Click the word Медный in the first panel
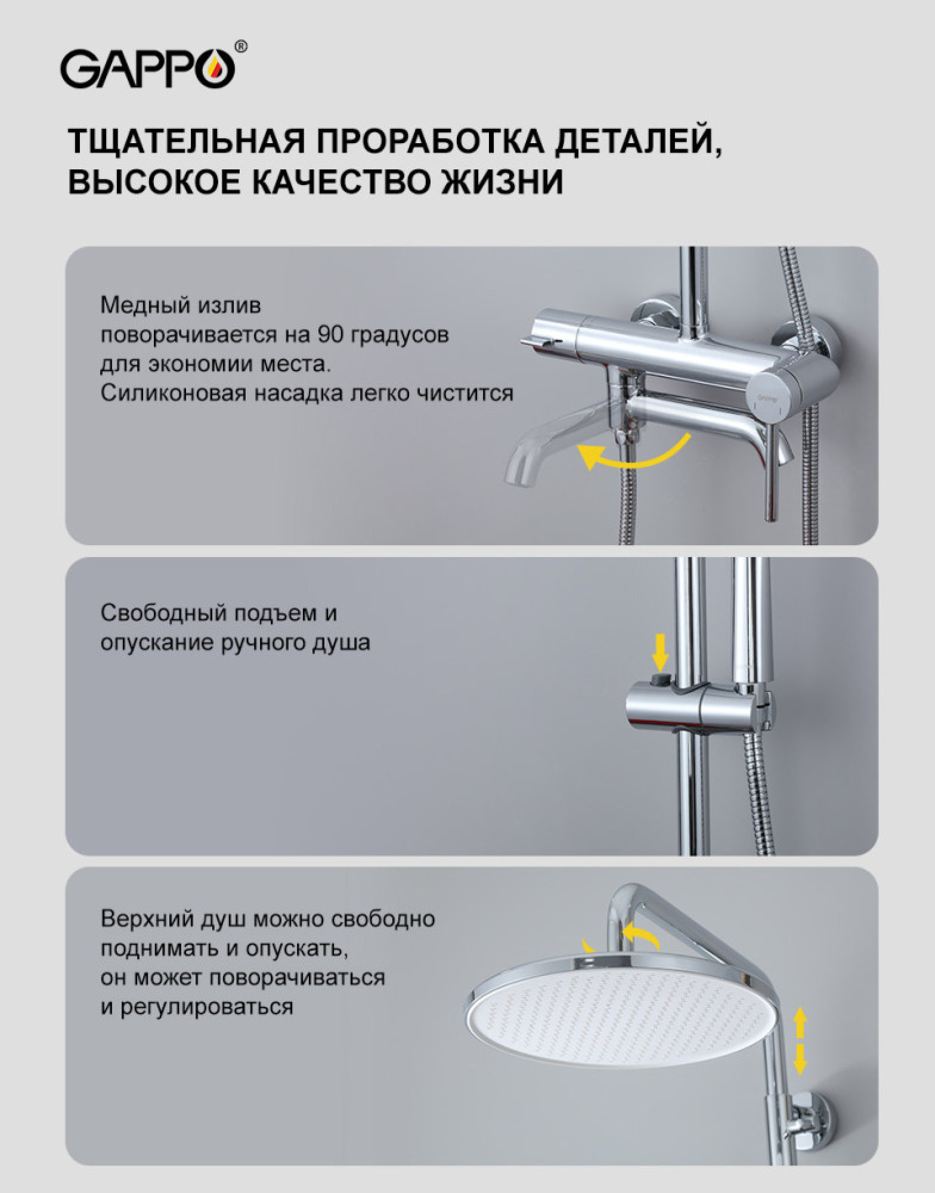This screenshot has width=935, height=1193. pyautogui.click(x=141, y=306)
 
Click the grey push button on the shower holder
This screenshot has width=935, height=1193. pyautogui.click(x=660, y=680)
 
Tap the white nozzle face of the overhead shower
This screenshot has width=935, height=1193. pyautogui.click(x=614, y=1020)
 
